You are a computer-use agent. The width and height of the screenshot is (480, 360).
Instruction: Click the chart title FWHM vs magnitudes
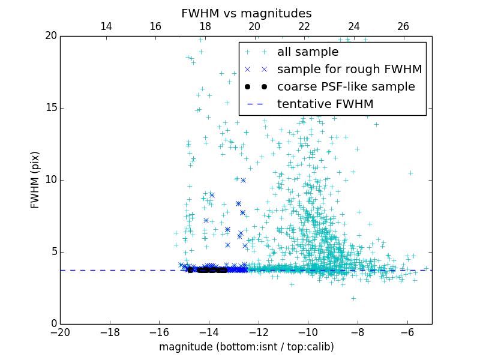(x=246, y=13)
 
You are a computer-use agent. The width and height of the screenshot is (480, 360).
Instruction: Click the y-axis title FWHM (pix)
(x=35, y=180)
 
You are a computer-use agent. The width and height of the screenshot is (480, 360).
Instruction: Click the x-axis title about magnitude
(x=246, y=347)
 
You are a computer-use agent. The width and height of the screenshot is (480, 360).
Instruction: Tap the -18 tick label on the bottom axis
(x=110, y=332)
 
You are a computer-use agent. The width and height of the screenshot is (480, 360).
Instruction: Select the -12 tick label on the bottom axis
(x=259, y=332)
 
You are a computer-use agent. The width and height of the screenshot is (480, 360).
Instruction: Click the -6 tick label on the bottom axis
(x=407, y=332)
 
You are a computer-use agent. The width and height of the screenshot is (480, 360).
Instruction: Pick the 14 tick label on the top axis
(x=106, y=26)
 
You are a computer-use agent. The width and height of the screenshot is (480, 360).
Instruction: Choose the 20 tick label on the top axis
(x=254, y=26)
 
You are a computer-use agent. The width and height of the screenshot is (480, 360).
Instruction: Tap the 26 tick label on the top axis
(x=403, y=26)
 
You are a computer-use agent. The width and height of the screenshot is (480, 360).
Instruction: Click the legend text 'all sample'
(x=308, y=52)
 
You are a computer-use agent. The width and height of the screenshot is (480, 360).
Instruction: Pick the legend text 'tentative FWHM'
(x=325, y=104)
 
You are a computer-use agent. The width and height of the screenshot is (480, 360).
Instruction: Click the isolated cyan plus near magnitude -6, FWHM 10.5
(x=410, y=173)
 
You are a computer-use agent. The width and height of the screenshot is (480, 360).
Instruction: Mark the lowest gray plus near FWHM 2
(x=353, y=298)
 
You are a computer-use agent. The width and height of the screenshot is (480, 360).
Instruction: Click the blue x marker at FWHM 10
(x=243, y=180)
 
